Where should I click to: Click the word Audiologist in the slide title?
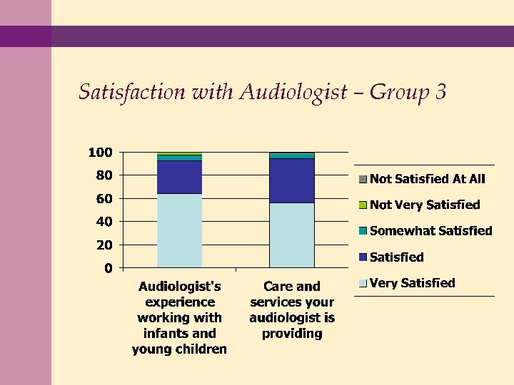tap(293, 93)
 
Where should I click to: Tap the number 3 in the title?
tap(440, 93)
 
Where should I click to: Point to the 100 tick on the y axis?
tap(100, 153)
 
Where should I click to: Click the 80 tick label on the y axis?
tap(104, 175)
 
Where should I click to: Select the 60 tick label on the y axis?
tap(104, 199)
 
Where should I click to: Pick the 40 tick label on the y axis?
tap(104, 222)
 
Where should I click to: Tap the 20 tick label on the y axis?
tap(104, 245)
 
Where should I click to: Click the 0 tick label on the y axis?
tap(108, 269)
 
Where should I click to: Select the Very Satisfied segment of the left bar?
tap(179, 230)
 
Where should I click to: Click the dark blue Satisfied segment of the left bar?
tap(179, 177)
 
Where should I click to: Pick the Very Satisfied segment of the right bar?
tap(291, 235)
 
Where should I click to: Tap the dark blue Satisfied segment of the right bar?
tap(291, 180)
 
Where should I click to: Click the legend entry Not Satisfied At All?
tap(427, 179)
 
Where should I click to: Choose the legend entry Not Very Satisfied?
tap(425, 205)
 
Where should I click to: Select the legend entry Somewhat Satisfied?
tap(430, 231)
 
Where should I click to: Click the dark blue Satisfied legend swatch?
tap(363, 257)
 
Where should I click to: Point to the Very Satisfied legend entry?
tap(412, 283)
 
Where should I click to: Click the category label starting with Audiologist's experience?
tap(179, 317)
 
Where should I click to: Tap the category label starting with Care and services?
tap(292, 310)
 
